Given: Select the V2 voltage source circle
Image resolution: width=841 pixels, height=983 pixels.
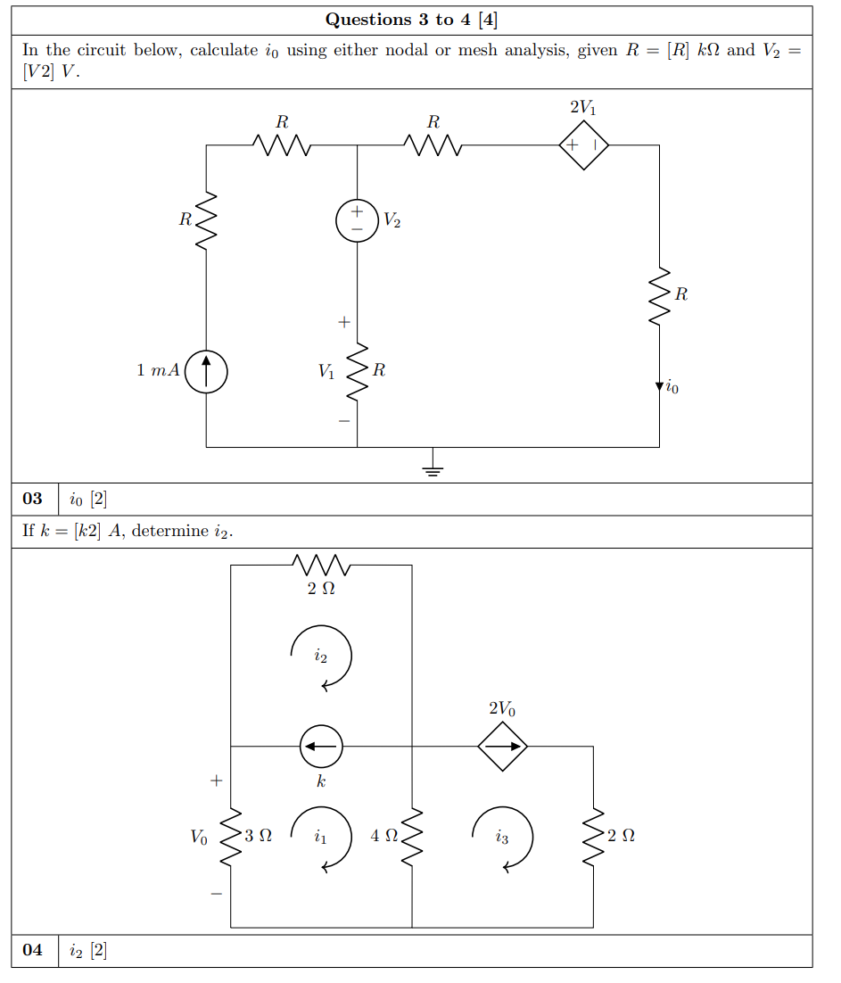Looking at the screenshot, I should [357, 220].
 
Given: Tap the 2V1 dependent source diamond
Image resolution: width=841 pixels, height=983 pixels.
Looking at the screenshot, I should [583, 144].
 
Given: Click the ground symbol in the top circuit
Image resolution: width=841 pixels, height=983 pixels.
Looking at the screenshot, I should [433, 464].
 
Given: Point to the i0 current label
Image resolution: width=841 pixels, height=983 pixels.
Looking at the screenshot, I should [671, 388].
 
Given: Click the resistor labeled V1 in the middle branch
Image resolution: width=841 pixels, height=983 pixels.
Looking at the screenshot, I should [358, 370].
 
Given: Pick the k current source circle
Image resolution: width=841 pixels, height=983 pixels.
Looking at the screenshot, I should [321, 746].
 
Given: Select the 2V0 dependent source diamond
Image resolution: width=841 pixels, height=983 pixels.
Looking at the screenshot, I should [503, 746].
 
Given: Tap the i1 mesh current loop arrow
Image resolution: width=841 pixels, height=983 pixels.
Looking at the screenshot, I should [321, 838].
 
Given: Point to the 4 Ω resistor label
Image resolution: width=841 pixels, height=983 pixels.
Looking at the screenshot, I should [384, 836].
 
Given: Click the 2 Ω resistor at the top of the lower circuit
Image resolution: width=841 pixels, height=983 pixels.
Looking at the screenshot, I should [321, 565].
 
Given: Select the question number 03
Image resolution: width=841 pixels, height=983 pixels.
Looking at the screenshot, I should [33, 499].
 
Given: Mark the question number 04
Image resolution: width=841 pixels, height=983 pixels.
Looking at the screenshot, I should [33, 950].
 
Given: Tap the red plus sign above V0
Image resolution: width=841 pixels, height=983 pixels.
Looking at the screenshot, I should [215, 781].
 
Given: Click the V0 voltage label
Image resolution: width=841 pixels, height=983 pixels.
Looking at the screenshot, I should [198, 838].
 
